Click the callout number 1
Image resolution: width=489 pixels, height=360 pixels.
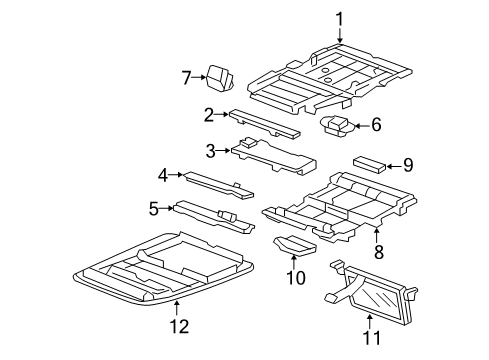pyautogui.click(x=339, y=19)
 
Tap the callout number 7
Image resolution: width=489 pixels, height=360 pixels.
pyautogui.click(x=187, y=78)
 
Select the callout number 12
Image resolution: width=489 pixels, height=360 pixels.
pyautogui.click(x=180, y=326)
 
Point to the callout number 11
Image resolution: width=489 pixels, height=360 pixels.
pyautogui.click(x=371, y=338)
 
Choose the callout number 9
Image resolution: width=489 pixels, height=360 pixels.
pyautogui.click(x=408, y=165)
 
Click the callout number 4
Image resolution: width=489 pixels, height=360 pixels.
pyautogui.click(x=163, y=175)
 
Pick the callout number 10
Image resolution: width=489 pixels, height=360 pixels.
pyautogui.click(x=296, y=277)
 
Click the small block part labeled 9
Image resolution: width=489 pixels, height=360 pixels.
pyautogui.click(x=370, y=165)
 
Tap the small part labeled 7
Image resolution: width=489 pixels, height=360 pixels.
pyautogui.click(x=219, y=78)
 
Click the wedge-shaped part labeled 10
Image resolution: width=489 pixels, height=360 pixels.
pyautogui.click(x=295, y=245)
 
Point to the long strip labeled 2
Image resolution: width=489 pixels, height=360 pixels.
pyautogui.click(x=264, y=124)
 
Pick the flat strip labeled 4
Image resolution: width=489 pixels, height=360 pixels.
pyautogui.click(x=219, y=185)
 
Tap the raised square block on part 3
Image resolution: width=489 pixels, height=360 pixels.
pyautogui.click(x=248, y=142)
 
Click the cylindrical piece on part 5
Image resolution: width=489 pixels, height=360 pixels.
pyautogui.click(x=227, y=216)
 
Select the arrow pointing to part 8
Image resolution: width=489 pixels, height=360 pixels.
pyautogui.click(x=377, y=235)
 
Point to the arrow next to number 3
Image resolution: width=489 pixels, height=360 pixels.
pyautogui.click(x=223, y=151)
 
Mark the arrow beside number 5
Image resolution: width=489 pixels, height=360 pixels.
pyautogui.click(x=166, y=208)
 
